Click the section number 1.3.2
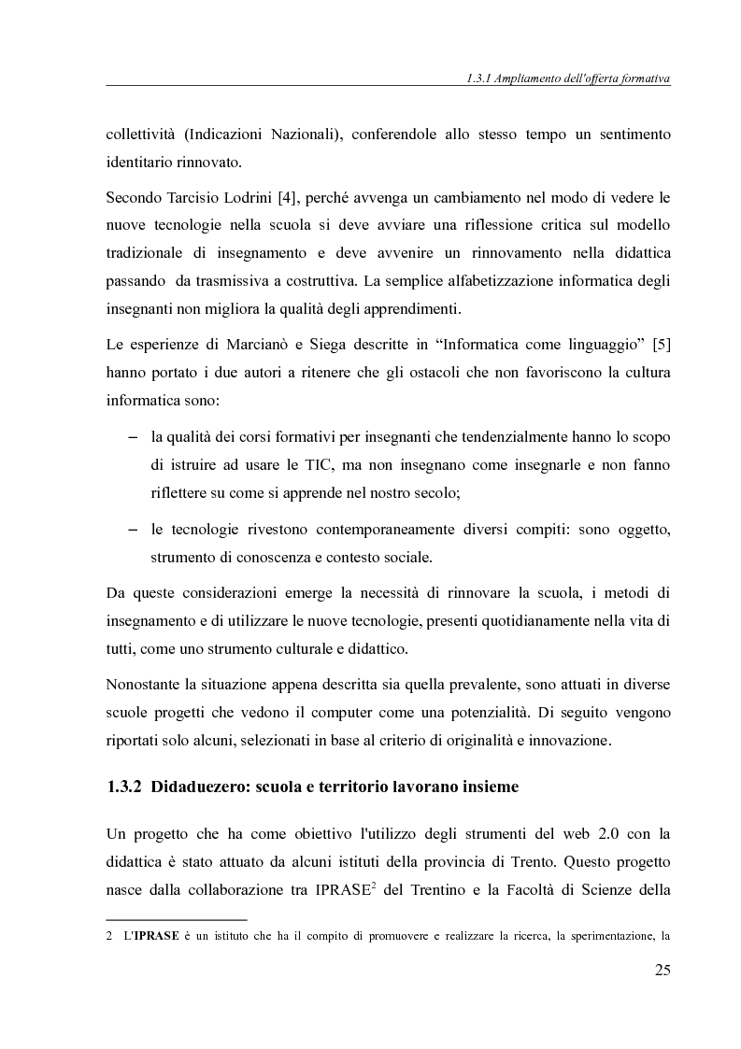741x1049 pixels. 124,787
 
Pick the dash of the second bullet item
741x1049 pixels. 132,530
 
